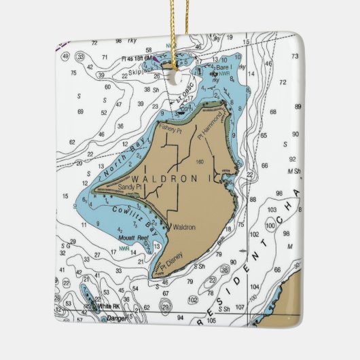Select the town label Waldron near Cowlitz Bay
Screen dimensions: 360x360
pos(184,228)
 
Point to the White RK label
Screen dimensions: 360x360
pos(109,306)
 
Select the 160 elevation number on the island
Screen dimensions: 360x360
pos(199,162)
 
